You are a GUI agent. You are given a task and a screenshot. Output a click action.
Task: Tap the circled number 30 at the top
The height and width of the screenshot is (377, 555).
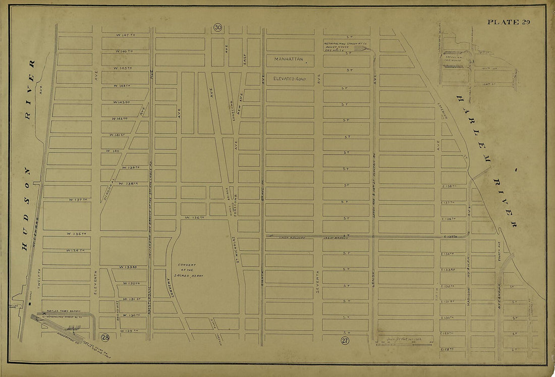point(217,27)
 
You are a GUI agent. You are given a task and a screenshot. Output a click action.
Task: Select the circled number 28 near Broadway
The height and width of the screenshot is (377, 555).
point(105,337)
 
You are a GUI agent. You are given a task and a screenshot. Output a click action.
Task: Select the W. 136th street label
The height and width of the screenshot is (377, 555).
point(194,218)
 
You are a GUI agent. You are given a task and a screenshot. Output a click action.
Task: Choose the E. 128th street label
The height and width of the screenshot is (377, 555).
point(448,349)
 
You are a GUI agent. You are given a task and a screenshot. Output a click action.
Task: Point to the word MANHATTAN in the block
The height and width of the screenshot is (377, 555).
point(289,60)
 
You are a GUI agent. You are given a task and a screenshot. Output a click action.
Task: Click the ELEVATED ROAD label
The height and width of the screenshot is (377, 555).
point(290,79)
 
